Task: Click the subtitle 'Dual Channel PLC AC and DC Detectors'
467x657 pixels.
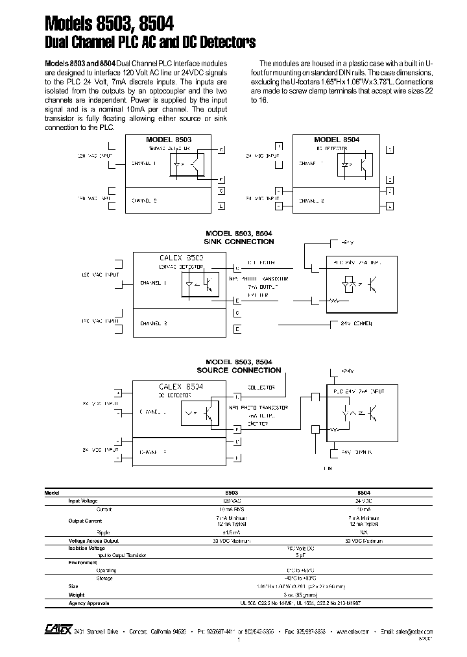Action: [150, 43]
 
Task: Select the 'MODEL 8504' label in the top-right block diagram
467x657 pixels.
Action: [337, 140]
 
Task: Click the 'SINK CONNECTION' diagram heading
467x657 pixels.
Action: [239, 242]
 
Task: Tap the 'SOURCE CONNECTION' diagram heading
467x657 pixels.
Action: [239, 370]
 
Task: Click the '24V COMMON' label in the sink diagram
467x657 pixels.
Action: [353, 323]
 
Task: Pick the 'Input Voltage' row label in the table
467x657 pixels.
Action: [83, 501]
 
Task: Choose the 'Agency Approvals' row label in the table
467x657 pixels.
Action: [89, 603]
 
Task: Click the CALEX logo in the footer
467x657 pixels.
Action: [53, 630]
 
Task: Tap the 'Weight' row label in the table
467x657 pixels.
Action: [77, 595]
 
